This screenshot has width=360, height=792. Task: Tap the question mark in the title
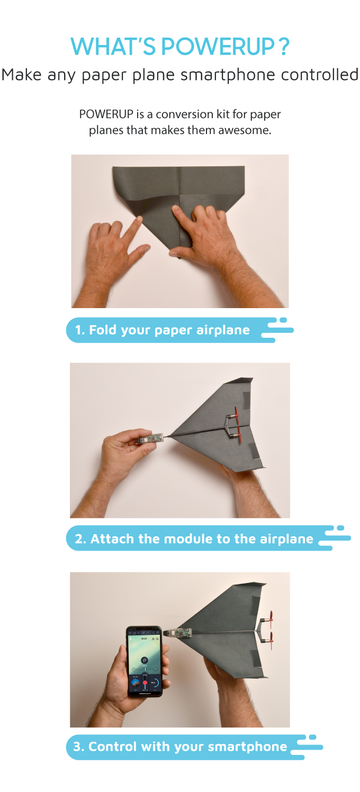(x=284, y=47)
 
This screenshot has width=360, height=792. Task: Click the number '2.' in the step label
(x=80, y=539)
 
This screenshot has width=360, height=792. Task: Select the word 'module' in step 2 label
(x=185, y=539)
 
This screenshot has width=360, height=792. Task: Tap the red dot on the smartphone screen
(x=145, y=683)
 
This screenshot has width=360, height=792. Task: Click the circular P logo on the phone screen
(x=144, y=660)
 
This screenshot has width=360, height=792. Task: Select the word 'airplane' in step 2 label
(x=286, y=539)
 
